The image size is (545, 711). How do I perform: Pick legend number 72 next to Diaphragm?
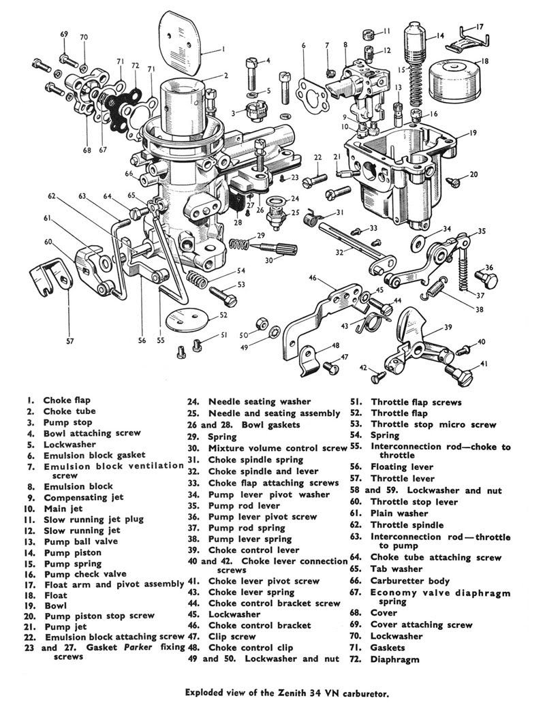[356, 659]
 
